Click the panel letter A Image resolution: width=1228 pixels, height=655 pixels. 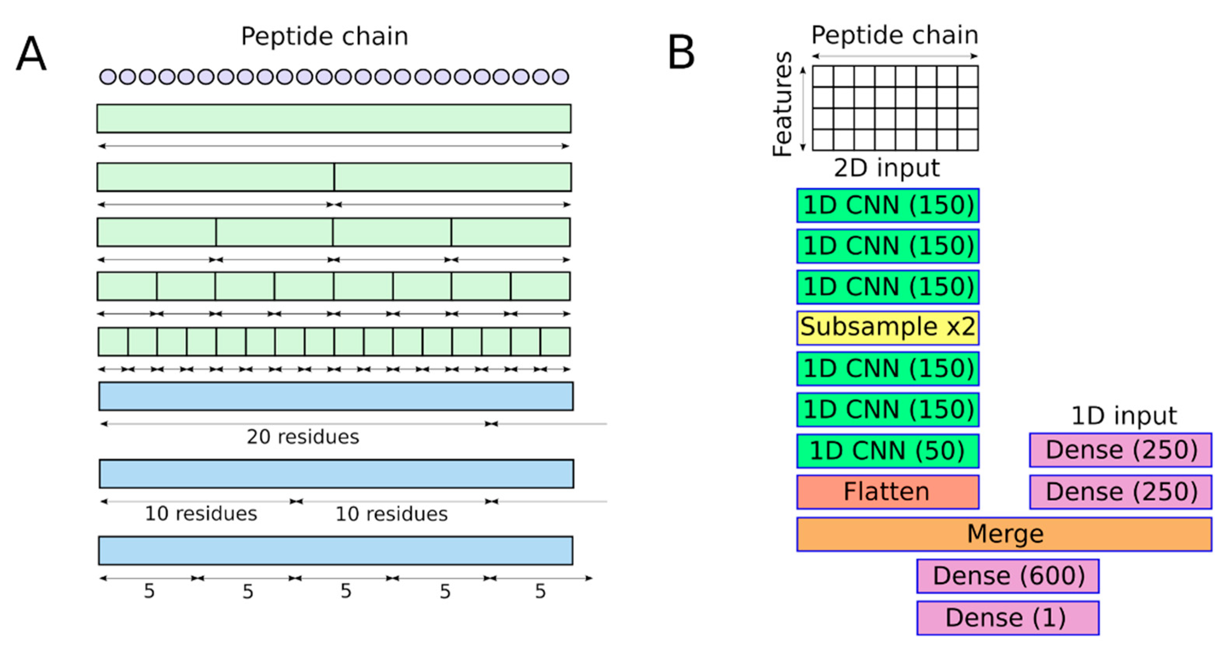coord(32,54)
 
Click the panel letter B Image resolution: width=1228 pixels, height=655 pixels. coord(681,53)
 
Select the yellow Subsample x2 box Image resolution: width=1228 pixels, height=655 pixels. coord(887,328)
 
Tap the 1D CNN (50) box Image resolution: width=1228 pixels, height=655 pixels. coord(887,451)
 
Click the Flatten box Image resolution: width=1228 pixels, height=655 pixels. coord(887,492)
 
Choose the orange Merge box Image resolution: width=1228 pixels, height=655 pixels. coord(1004,534)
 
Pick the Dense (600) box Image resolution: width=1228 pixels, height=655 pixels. coord(1008,576)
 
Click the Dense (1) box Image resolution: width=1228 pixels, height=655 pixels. coord(1008,618)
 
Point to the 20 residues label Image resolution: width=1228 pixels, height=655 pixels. coord(303,436)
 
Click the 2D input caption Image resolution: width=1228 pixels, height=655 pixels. coord(887,168)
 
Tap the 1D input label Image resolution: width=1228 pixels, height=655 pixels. coord(1124,415)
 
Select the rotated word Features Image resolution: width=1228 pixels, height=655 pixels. coord(782,104)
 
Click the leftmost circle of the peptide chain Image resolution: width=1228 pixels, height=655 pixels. coord(108,76)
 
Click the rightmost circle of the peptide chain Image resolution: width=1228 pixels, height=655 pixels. coord(560,76)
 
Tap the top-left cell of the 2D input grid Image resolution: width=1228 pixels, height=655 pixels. coord(823,76)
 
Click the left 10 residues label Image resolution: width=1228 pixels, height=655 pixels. coord(201,514)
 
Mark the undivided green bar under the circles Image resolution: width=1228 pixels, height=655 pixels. coord(334,118)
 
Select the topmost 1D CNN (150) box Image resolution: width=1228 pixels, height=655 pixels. coord(887,205)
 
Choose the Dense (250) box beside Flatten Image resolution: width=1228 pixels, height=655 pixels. coord(1120,492)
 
